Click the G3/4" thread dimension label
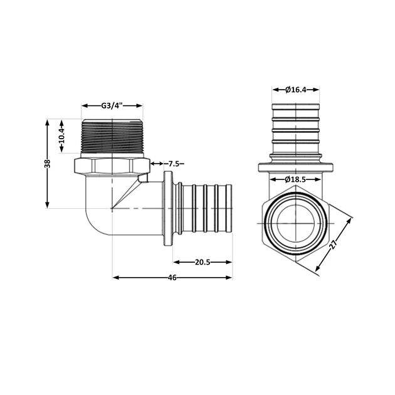[113, 105]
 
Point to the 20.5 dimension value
[203, 261]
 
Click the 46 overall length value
[172, 278]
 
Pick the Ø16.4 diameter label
[295, 90]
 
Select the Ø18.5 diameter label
[295, 179]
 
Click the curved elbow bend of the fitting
[100, 216]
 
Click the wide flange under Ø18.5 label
[295, 169]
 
